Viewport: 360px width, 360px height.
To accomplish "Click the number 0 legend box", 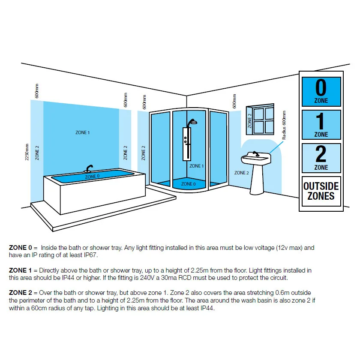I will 321,91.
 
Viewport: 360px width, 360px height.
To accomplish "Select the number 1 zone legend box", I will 321,125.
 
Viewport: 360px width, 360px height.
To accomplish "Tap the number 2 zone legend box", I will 321,158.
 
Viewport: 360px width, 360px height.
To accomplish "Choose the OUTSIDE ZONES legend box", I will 321,191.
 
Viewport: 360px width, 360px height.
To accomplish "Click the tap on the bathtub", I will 90,168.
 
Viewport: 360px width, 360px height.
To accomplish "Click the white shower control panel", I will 186,144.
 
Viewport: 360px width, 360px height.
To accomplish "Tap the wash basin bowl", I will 256,159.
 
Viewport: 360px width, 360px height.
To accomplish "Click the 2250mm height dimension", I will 27,152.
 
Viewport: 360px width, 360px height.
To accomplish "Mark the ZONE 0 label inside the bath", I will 93,176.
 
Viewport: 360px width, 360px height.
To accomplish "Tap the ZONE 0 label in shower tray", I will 188,184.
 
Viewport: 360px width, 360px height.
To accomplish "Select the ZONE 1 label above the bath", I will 82,133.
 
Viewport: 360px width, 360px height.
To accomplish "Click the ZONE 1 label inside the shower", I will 197,166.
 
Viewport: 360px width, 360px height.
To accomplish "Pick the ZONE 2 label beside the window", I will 250,121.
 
